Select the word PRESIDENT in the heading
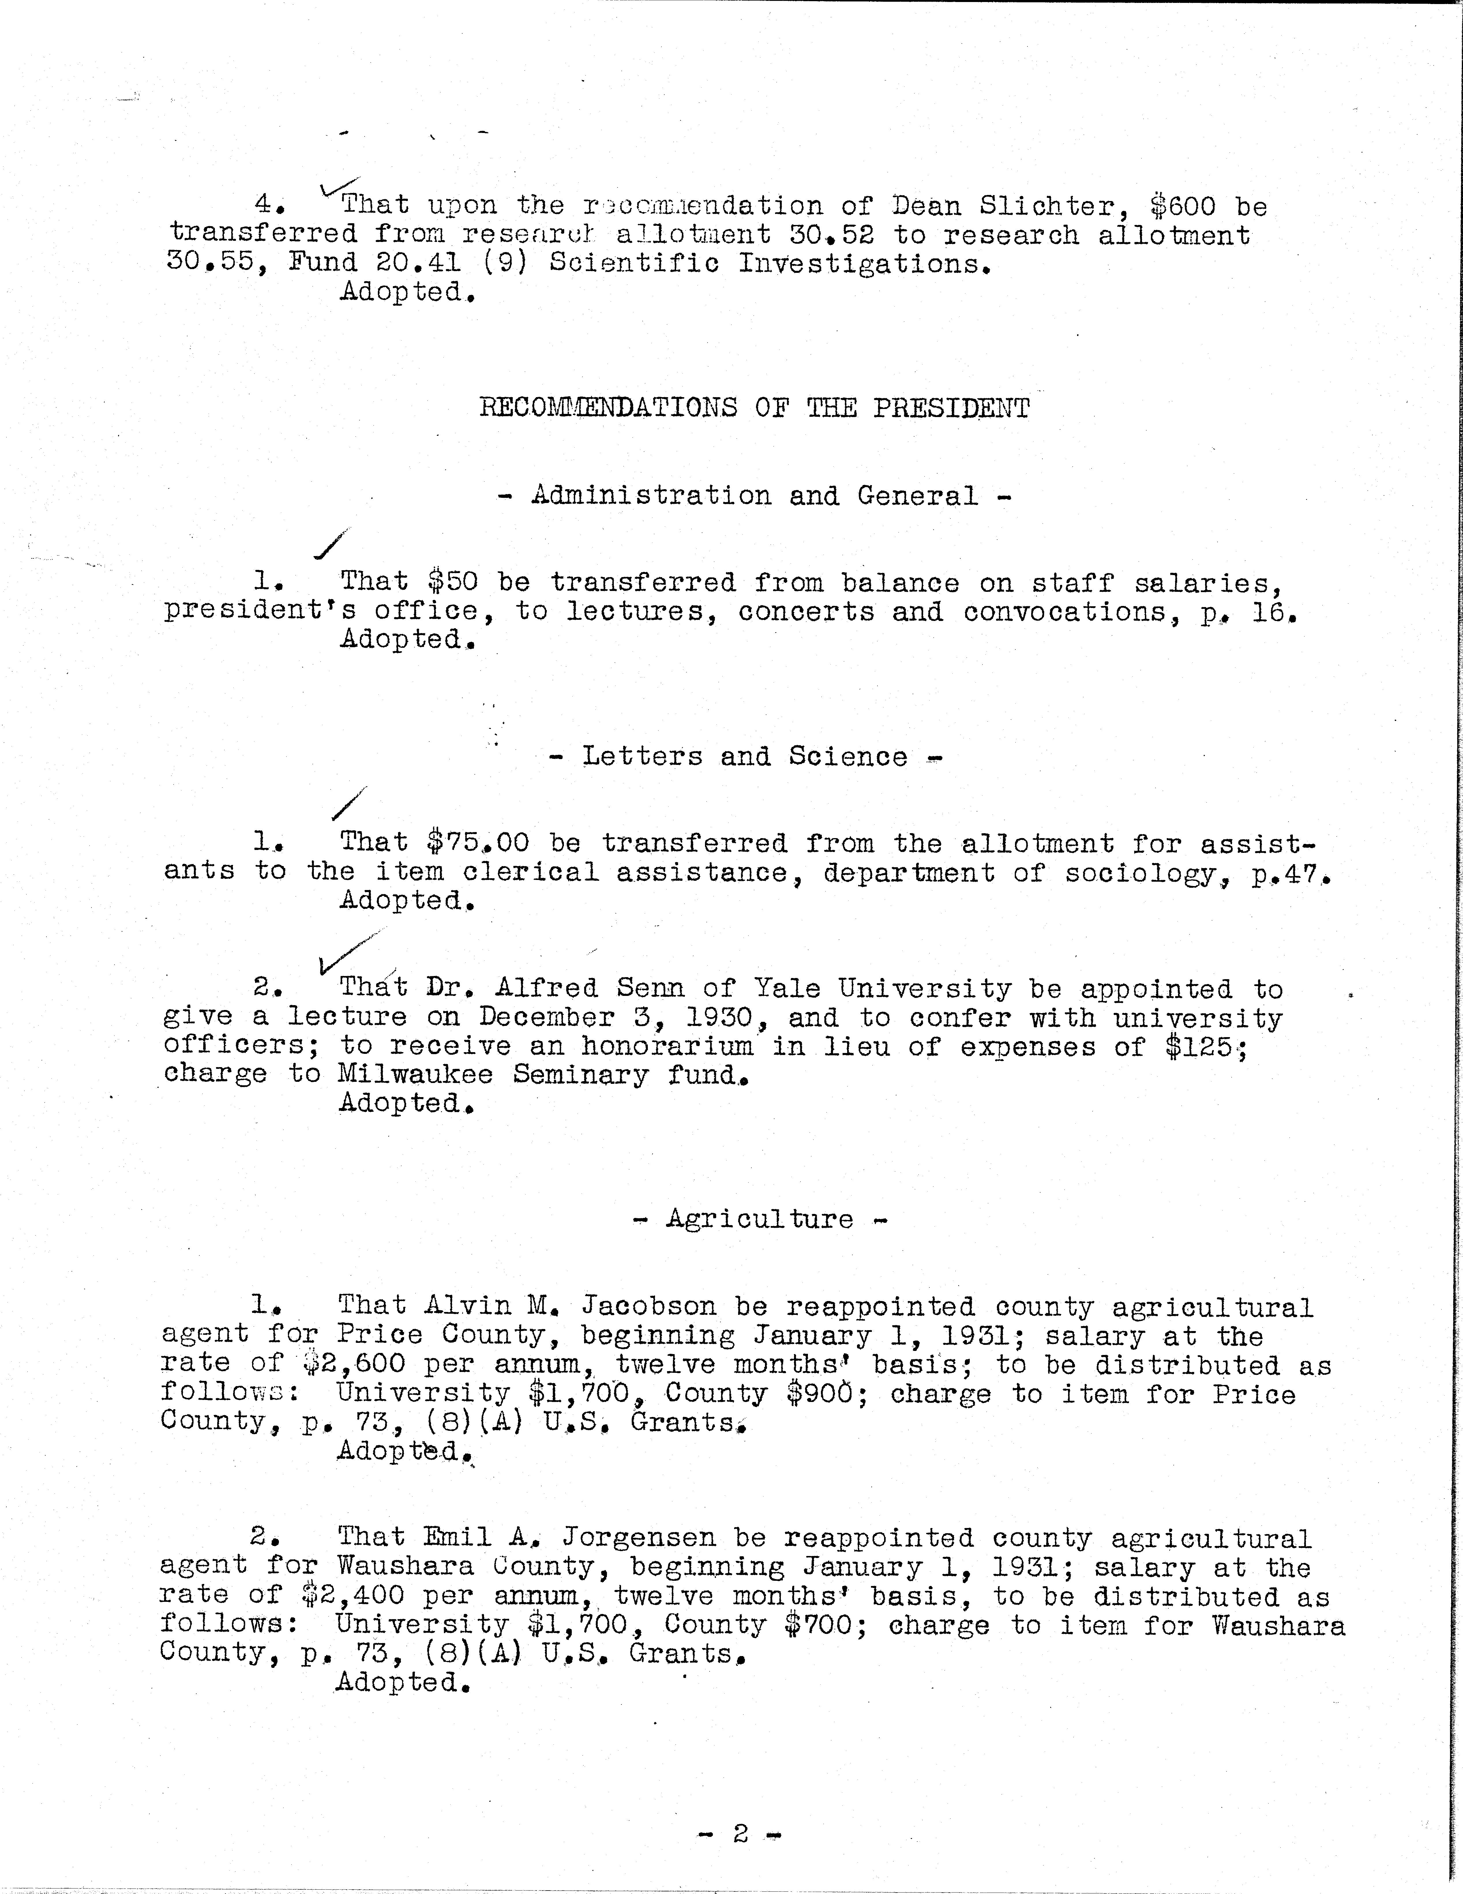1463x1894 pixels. [x=951, y=408]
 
